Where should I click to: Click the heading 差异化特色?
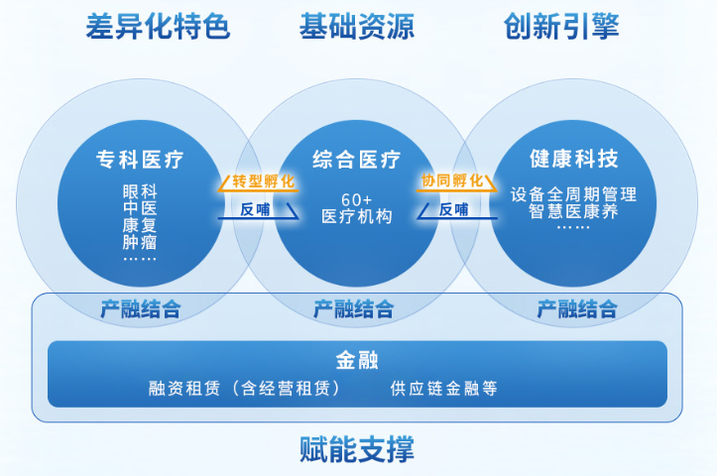[x=158, y=26]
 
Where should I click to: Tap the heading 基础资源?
[x=357, y=26]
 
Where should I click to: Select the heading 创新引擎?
[x=561, y=26]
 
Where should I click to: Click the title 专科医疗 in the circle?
[x=140, y=160]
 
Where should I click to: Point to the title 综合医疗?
[x=357, y=160]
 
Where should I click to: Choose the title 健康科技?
[x=574, y=159]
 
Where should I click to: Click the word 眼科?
[x=140, y=191]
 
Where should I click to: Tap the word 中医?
[x=140, y=208]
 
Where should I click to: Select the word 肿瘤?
[x=140, y=242]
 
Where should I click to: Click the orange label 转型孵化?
[x=263, y=181]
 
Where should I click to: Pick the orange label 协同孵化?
[x=452, y=180]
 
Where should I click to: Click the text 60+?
[x=357, y=199]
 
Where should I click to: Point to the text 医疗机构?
[x=357, y=216]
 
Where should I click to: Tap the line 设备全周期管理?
[x=573, y=194]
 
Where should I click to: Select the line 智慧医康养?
[x=573, y=211]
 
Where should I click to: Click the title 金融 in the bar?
[x=357, y=360]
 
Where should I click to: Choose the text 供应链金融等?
[x=443, y=388]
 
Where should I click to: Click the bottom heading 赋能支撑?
[x=357, y=449]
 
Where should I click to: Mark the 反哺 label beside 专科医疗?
[x=255, y=209]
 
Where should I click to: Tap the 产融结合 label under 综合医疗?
[x=353, y=309]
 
